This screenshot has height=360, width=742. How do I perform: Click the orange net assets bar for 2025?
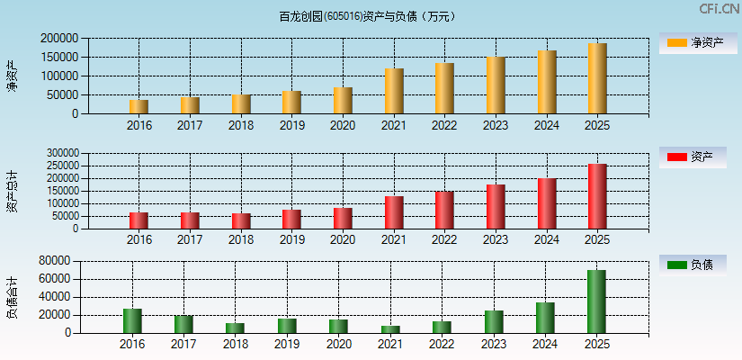597,78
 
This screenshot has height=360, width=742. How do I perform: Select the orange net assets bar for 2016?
139,106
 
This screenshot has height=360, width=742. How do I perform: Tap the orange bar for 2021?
394,91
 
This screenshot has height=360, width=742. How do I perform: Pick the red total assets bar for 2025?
597,195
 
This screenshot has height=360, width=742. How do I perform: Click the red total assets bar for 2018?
241,220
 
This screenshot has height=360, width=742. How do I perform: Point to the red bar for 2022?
444,210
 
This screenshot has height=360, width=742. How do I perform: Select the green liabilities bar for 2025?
597,301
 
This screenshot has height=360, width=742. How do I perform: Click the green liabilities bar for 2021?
390,329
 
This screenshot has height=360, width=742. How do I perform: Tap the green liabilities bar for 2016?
132,320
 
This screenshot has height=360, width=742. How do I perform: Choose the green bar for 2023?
494,321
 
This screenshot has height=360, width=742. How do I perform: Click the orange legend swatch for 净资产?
676,42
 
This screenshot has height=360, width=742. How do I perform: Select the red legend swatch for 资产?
676,157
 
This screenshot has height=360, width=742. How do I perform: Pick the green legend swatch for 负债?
676,265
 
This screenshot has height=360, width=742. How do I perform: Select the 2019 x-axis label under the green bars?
287,345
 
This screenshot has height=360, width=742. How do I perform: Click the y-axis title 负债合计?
12,297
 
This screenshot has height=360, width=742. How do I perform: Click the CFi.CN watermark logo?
719,9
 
